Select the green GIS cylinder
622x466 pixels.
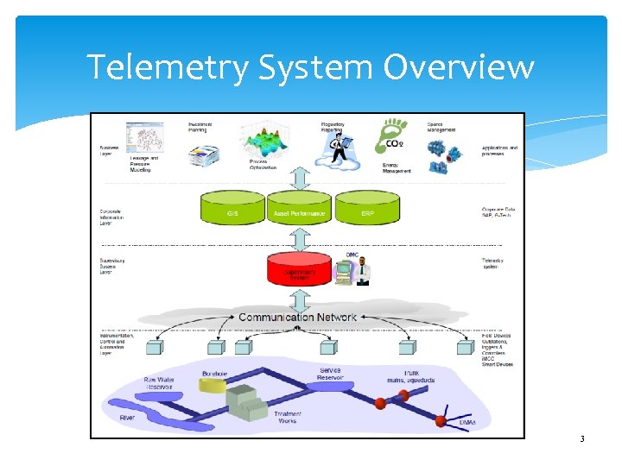(232, 210)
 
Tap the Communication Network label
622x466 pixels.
(297, 318)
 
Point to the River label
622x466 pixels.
(127, 418)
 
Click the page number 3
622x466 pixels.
(582, 440)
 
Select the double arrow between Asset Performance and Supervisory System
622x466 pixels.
(299, 236)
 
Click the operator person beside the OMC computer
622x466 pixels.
(364, 270)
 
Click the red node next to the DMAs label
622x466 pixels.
(442, 422)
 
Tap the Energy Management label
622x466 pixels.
(397, 167)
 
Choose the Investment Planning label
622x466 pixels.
(200, 127)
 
